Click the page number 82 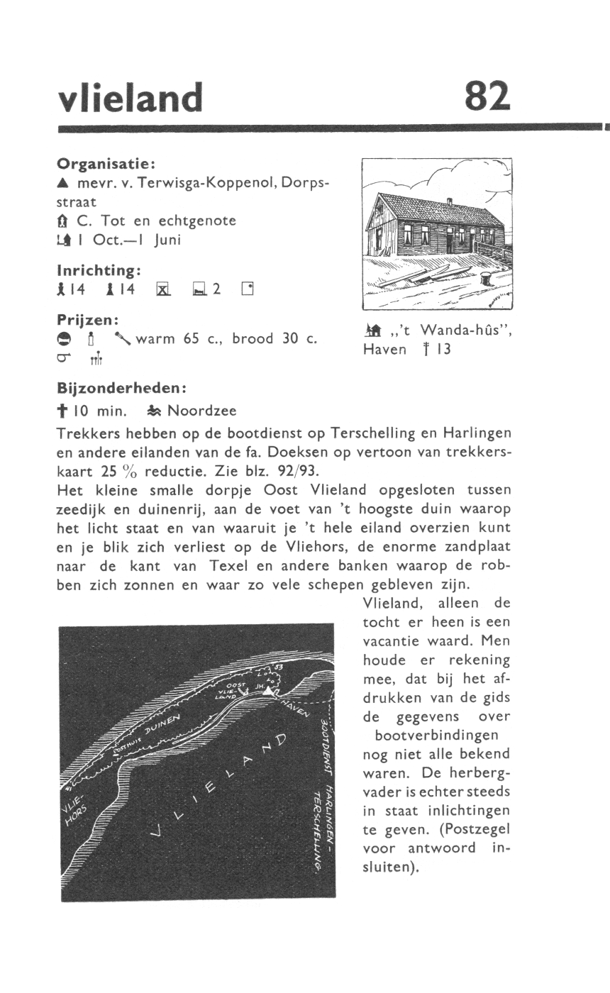[x=488, y=96]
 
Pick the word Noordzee [x=202, y=411]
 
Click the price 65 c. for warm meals [x=196, y=338]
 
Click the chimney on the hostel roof [x=449, y=202]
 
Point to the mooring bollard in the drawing [x=486, y=279]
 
